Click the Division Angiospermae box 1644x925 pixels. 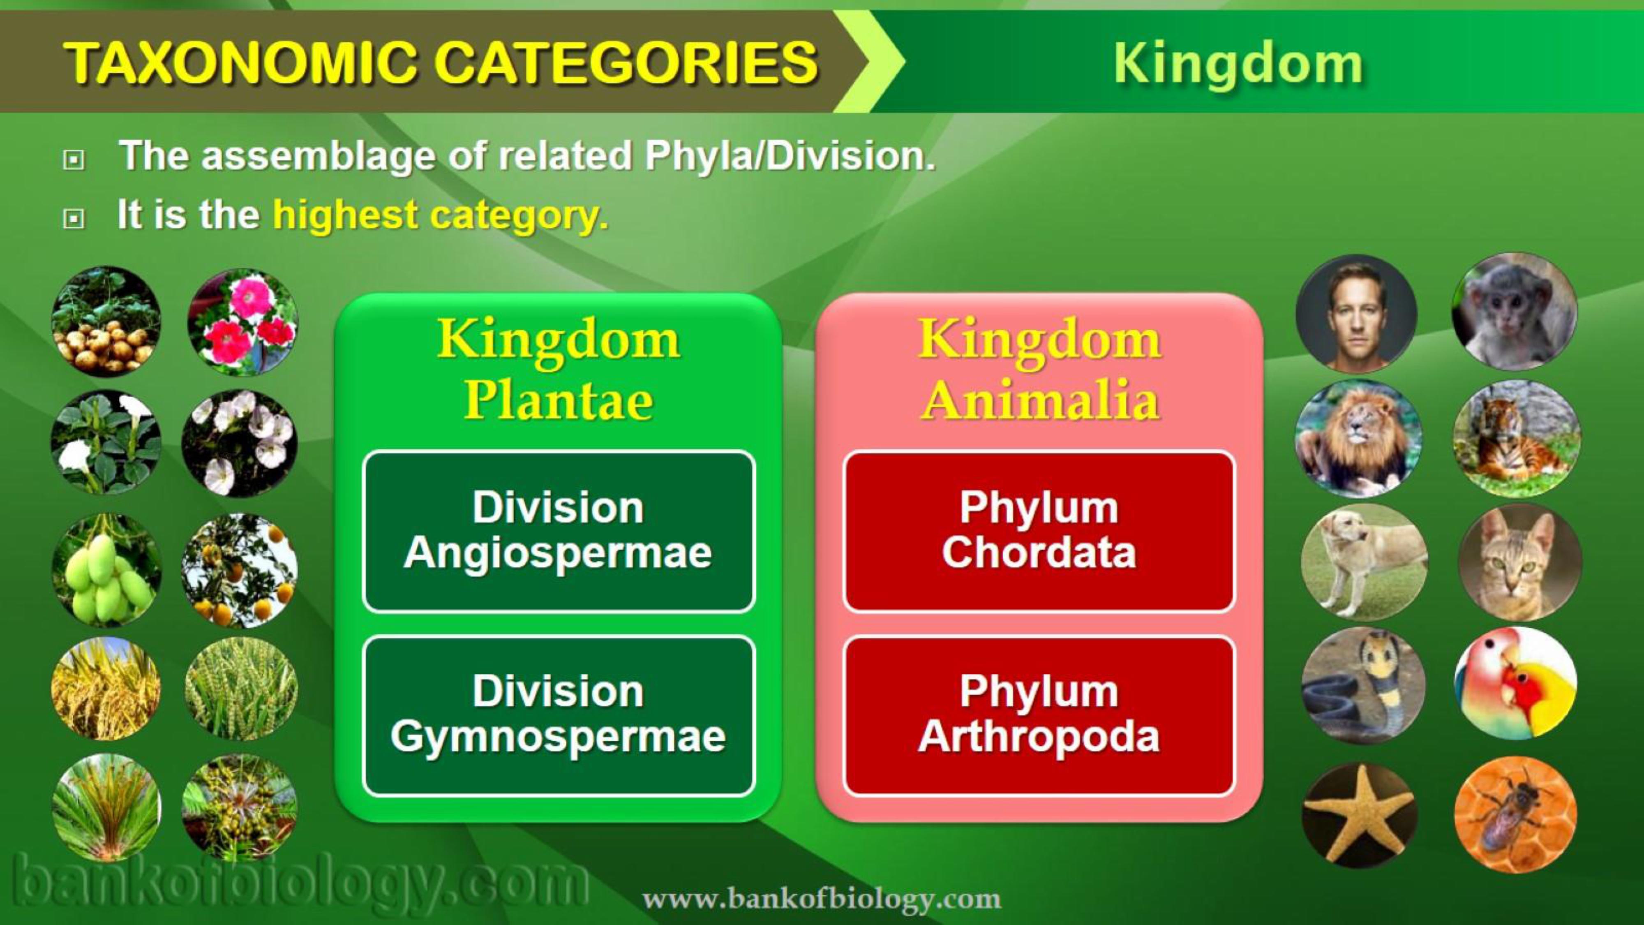[x=559, y=531]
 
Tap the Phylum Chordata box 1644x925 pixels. [x=1039, y=531]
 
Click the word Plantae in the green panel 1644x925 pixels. [x=559, y=401]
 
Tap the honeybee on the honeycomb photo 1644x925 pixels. [x=1515, y=814]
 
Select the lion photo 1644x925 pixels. [x=1358, y=439]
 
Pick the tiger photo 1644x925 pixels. [x=1517, y=439]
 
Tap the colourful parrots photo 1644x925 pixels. [x=1515, y=683]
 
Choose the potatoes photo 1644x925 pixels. [x=106, y=321]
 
